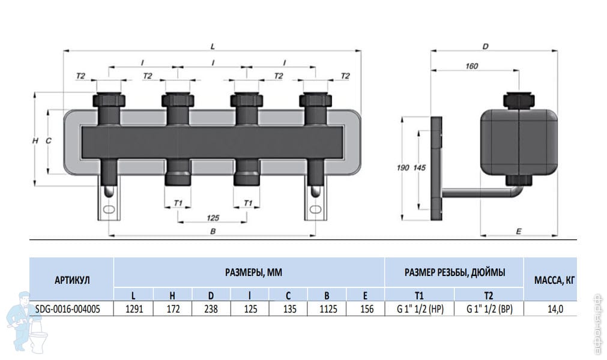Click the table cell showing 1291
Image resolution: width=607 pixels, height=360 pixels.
[x=133, y=308]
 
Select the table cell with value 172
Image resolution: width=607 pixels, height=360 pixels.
[x=172, y=308]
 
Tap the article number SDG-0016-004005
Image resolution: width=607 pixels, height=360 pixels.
[x=68, y=309]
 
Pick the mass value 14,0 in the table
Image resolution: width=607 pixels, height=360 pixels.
[x=555, y=309]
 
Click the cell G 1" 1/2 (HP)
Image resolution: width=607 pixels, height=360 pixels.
[x=420, y=308]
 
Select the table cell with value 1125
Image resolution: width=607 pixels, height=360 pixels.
[x=327, y=308]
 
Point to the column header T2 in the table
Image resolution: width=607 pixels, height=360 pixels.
[x=489, y=295]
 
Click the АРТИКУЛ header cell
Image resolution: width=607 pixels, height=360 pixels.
[x=72, y=279]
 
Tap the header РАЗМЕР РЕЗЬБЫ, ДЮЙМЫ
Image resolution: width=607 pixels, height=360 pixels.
[x=455, y=272]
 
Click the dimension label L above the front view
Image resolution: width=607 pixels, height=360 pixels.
[x=213, y=46]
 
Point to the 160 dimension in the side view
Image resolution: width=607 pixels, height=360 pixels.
[x=471, y=66]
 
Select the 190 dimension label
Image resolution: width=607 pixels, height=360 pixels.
[x=403, y=167]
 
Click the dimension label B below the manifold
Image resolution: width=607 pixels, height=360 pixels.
[x=213, y=231]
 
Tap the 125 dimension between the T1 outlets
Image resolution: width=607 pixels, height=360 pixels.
[x=213, y=218]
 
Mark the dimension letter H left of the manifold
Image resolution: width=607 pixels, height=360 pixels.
[x=35, y=141]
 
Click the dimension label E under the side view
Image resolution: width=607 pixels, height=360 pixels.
[x=519, y=231]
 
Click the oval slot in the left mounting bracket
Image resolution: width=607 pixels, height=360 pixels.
[x=109, y=209]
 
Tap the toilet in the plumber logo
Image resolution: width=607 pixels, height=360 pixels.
[x=37, y=340]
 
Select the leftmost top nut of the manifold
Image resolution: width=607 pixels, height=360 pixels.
[x=109, y=100]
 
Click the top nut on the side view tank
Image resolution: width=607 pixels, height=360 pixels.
[x=519, y=100]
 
